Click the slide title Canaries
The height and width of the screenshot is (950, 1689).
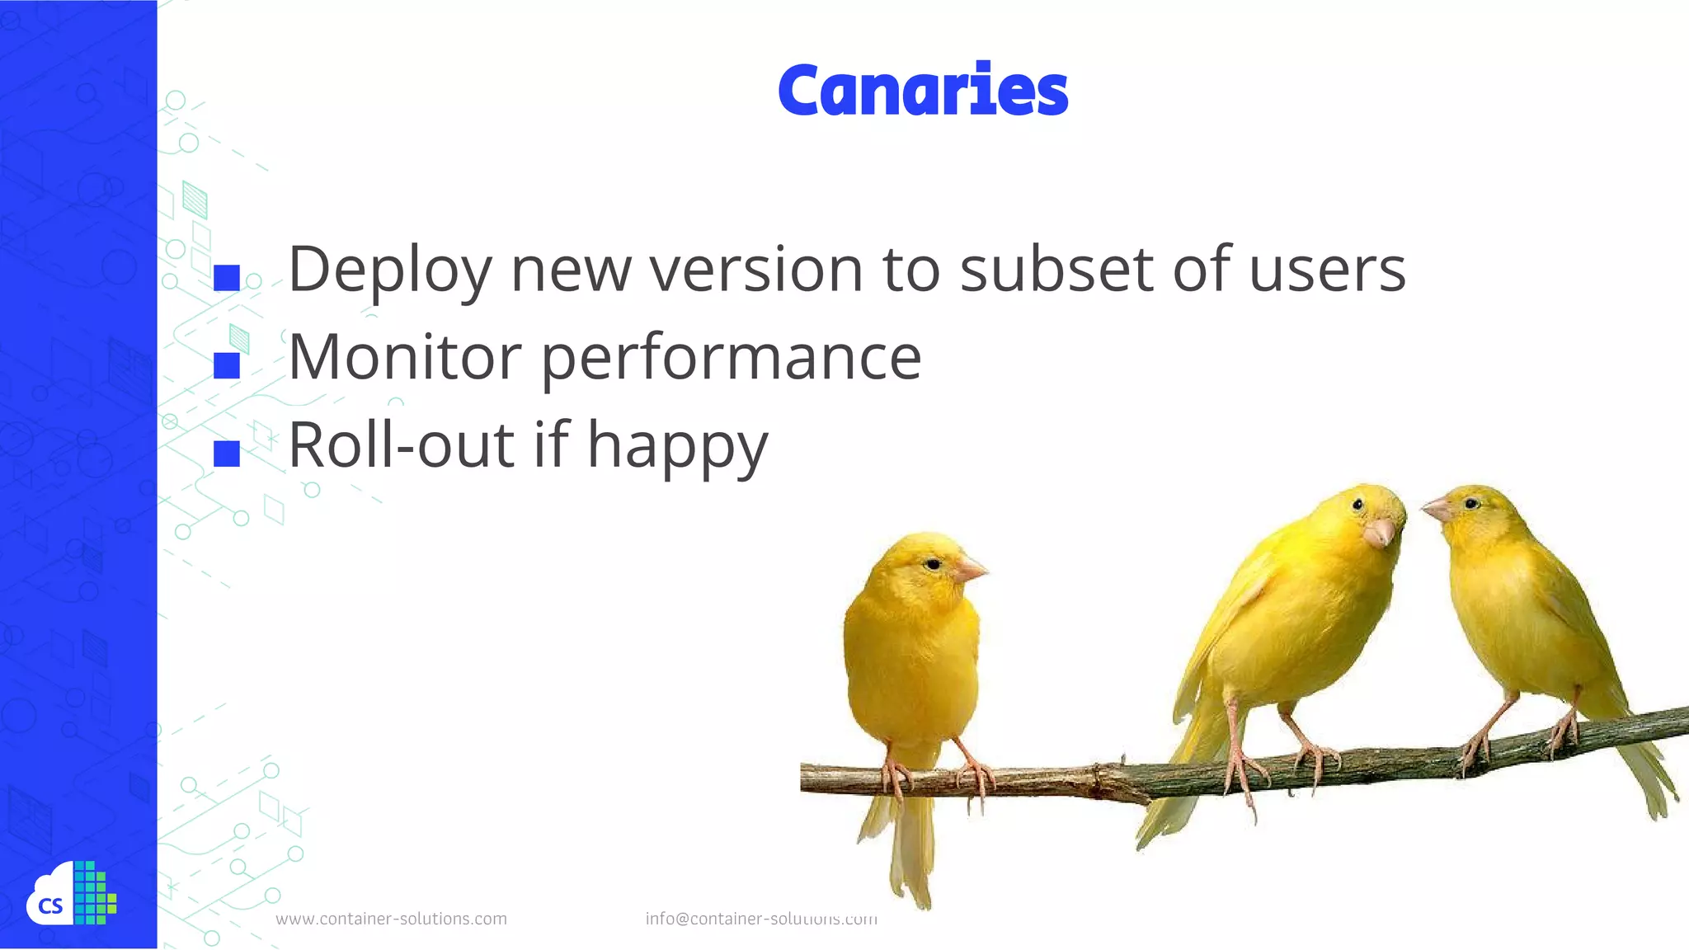[x=922, y=90]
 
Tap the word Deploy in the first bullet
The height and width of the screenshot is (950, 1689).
[x=389, y=270]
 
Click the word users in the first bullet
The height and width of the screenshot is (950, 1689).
[x=1326, y=270]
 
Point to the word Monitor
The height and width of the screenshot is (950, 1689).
[x=404, y=358]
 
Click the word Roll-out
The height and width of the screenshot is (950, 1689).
[x=401, y=445]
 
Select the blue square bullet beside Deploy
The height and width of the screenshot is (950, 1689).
[x=226, y=278]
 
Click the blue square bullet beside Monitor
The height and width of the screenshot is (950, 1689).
[x=226, y=365]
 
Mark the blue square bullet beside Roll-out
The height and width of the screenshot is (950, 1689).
[x=226, y=454]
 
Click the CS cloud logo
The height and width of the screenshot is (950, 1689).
[x=71, y=895]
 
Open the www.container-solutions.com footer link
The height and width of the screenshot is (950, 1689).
[x=391, y=919]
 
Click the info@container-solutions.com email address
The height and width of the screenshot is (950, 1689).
[x=760, y=919]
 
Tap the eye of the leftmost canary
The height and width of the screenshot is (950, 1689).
[x=932, y=564]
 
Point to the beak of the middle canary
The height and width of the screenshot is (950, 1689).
[x=1379, y=534]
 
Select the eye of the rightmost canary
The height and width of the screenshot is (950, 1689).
[x=1471, y=503]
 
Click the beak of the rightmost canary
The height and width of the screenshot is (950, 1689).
[x=1437, y=510]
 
